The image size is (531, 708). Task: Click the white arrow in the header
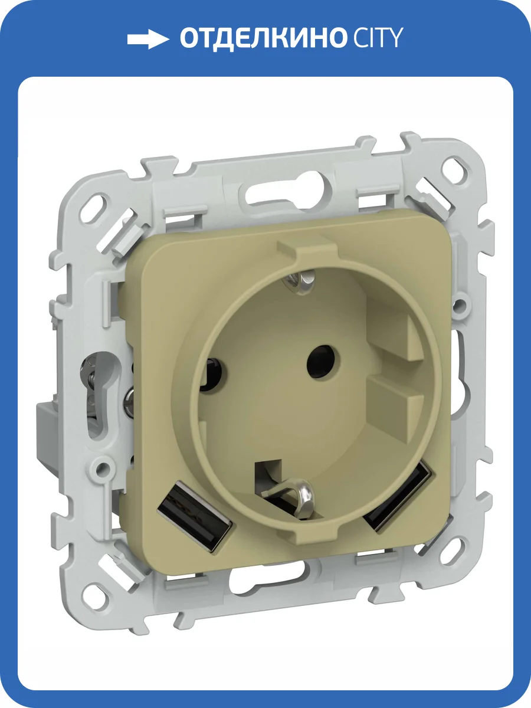pos(148,39)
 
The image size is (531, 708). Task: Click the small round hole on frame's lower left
pos(104,469)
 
